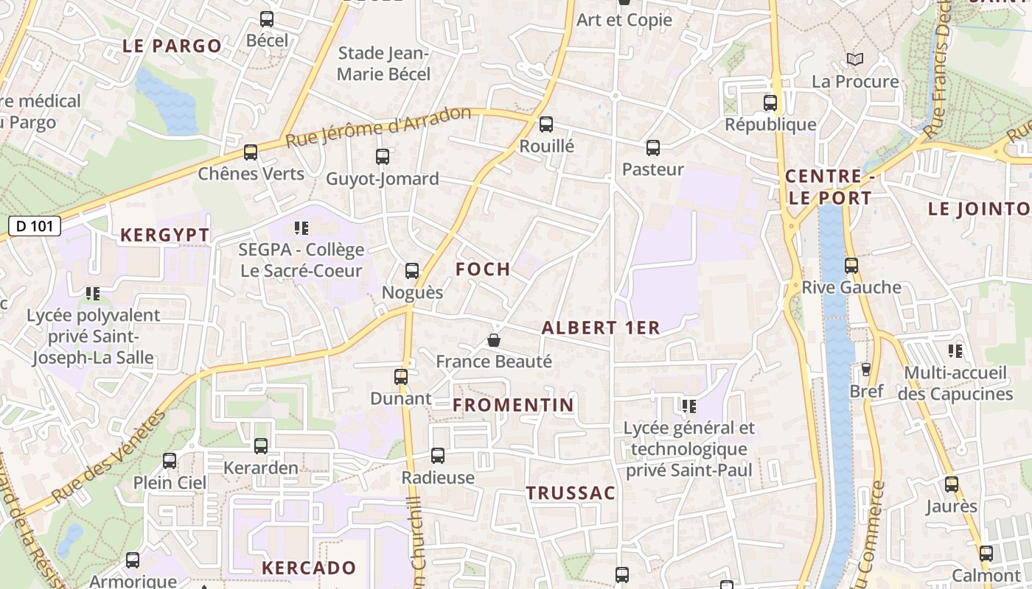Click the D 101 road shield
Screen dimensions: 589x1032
(x=35, y=226)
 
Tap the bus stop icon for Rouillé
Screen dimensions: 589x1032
(x=545, y=124)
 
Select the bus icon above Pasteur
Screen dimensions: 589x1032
(x=652, y=148)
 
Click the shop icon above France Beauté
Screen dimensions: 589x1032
(x=494, y=340)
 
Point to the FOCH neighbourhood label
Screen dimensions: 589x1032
(x=483, y=269)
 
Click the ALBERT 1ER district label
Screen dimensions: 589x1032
(x=601, y=328)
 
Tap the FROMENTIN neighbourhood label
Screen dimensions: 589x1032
(x=513, y=405)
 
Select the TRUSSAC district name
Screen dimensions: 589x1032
(x=571, y=493)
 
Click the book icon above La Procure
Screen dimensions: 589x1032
(x=854, y=59)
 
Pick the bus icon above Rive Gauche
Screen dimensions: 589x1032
(x=851, y=265)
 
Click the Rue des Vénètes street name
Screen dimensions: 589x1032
(x=109, y=458)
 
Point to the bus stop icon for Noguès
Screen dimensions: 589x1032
(x=412, y=271)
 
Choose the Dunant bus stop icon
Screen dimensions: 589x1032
(x=401, y=377)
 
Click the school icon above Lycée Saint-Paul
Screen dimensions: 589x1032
(x=689, y=406)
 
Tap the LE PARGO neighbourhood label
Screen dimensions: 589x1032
(x=172, y=46)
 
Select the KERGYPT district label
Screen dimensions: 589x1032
(x=164, y=236)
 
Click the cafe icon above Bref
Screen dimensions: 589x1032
(x=866, y=369)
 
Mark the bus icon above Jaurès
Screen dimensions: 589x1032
(x=952, y=484)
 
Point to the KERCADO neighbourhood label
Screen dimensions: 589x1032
(x=309, y=568)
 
